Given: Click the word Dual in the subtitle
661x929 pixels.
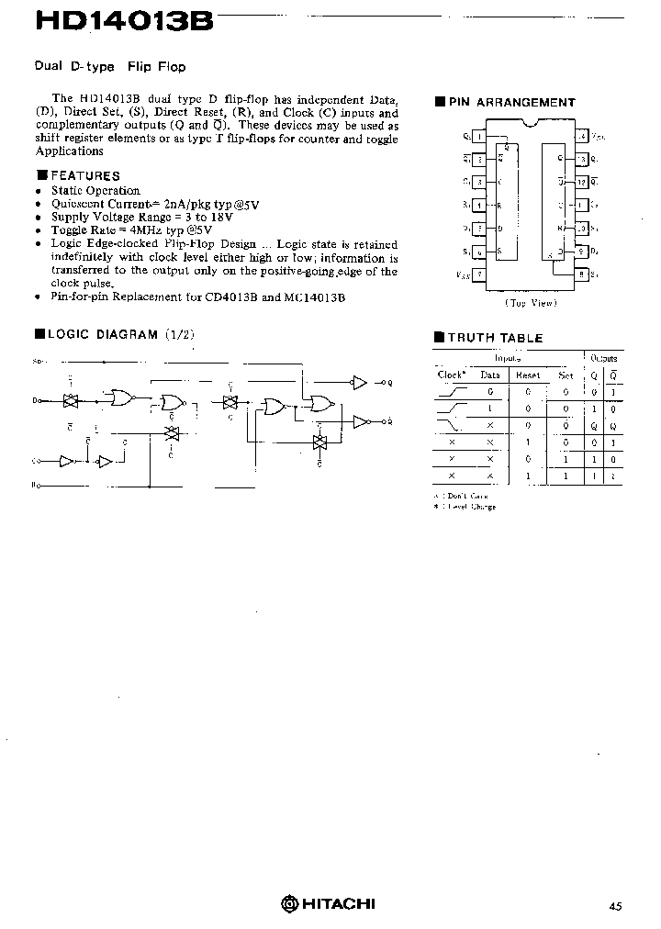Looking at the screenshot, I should (48, 66).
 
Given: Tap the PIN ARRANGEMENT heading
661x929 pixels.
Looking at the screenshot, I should (511, 103).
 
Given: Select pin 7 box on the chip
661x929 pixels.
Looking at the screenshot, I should (480, 274).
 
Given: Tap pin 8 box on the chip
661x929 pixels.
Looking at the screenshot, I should (582, 274).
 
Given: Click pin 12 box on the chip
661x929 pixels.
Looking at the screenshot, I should (582, 182).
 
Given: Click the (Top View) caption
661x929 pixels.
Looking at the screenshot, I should (530, 301).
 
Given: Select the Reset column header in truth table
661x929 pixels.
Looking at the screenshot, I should (527, 375).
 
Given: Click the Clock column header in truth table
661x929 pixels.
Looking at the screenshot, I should (452, 375).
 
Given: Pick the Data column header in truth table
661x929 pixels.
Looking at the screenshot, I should (490, 375).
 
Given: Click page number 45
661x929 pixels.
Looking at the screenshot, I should (614, 906).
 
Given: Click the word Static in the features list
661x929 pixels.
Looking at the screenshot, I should (67, 191).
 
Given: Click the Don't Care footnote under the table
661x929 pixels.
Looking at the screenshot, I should (467, 496).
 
